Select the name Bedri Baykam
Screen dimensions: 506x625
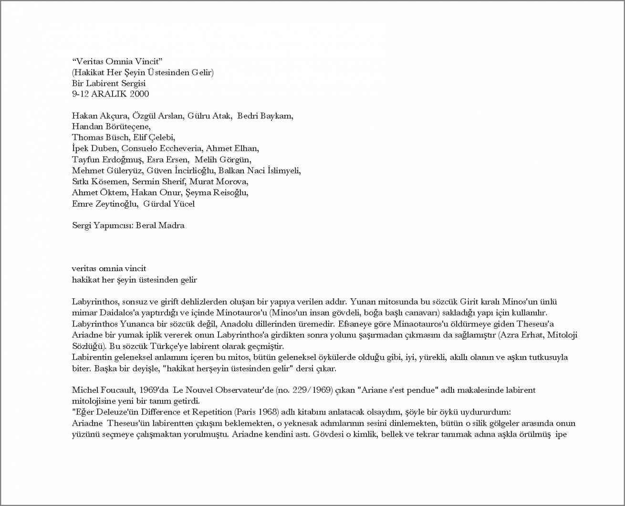(x=265, y=116)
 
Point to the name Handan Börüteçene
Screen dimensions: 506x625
(x=111, y=126)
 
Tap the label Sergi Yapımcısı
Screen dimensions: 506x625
(x=102, y=225)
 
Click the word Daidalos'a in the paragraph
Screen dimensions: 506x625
(x=119, y=313)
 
